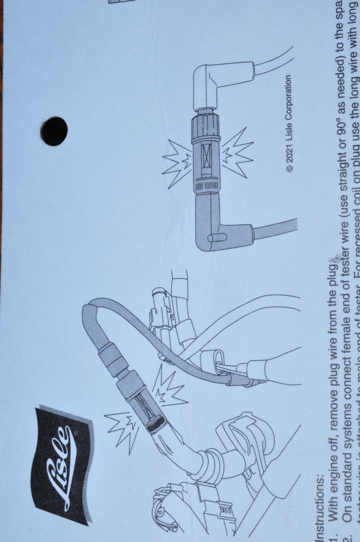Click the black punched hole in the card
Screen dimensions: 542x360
[x=55, y=131]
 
